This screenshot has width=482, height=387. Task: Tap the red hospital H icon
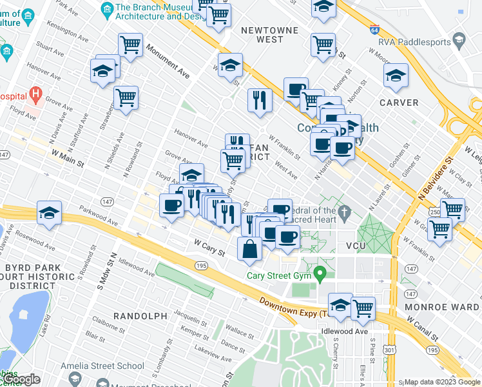tap(36, 96)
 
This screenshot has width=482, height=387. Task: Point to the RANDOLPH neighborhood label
tap(140, 315)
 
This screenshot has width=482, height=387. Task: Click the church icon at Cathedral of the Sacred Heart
tap(345, 211)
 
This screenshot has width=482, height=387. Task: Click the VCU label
tap(356, 246)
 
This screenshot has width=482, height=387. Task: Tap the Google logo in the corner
tap(22, 379)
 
